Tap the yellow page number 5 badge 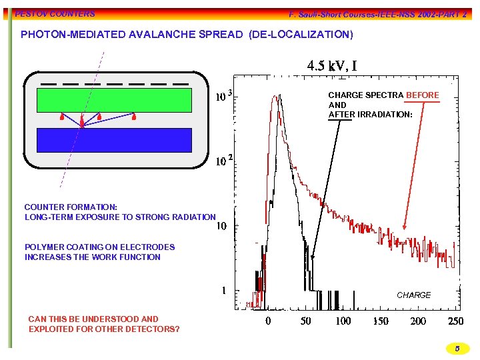(457, 348)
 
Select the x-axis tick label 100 (343, 321)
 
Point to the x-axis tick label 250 (455, 321)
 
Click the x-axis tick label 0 (268, 321)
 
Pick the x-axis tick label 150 (380, 321)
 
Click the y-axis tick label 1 (225, 291)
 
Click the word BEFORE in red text (422, 95)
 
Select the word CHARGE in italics (413, 295)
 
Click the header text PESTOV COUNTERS (55, 13)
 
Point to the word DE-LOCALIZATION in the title (300, 34)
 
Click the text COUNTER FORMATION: (71, 207)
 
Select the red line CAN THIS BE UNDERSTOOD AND (93, 319)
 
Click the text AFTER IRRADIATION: (370, 115)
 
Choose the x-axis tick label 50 (305, 321)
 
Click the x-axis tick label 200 (418, 321)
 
